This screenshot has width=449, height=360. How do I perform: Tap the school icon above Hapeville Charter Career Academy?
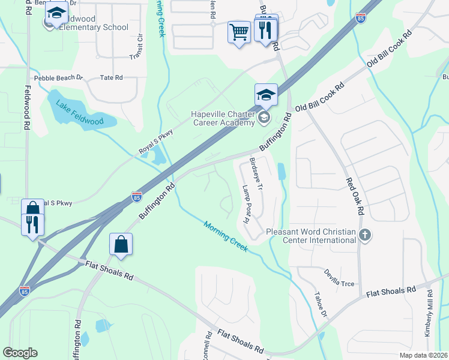(x=266, y=95)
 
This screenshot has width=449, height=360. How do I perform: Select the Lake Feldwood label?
(x=80, y=113)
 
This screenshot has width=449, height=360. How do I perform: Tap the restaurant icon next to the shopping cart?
(x=265, y=29)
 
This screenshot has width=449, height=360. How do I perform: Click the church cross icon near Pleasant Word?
(x=365, y=235)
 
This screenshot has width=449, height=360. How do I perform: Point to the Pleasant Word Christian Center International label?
(x=311, y=235)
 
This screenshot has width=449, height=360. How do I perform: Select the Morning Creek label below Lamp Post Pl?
(x=225, y=236)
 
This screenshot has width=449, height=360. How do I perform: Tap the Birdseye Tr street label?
(x=256, y=175)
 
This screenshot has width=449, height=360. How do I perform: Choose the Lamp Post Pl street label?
(x=245, y=203)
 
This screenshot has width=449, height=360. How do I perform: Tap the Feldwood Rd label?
(x=27, y=116)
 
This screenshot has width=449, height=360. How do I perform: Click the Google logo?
(x=20, y=353)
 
